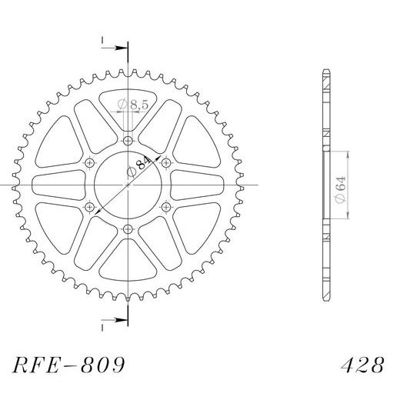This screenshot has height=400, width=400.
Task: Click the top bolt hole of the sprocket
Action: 128,141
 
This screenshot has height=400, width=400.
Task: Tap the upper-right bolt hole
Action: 166,163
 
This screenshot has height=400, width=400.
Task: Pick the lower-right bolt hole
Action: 166,207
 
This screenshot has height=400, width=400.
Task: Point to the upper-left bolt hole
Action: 90,163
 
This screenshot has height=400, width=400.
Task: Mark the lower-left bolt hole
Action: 90,207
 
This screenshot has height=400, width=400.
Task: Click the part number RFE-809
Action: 68,363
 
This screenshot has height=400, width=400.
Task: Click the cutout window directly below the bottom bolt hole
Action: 128,265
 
